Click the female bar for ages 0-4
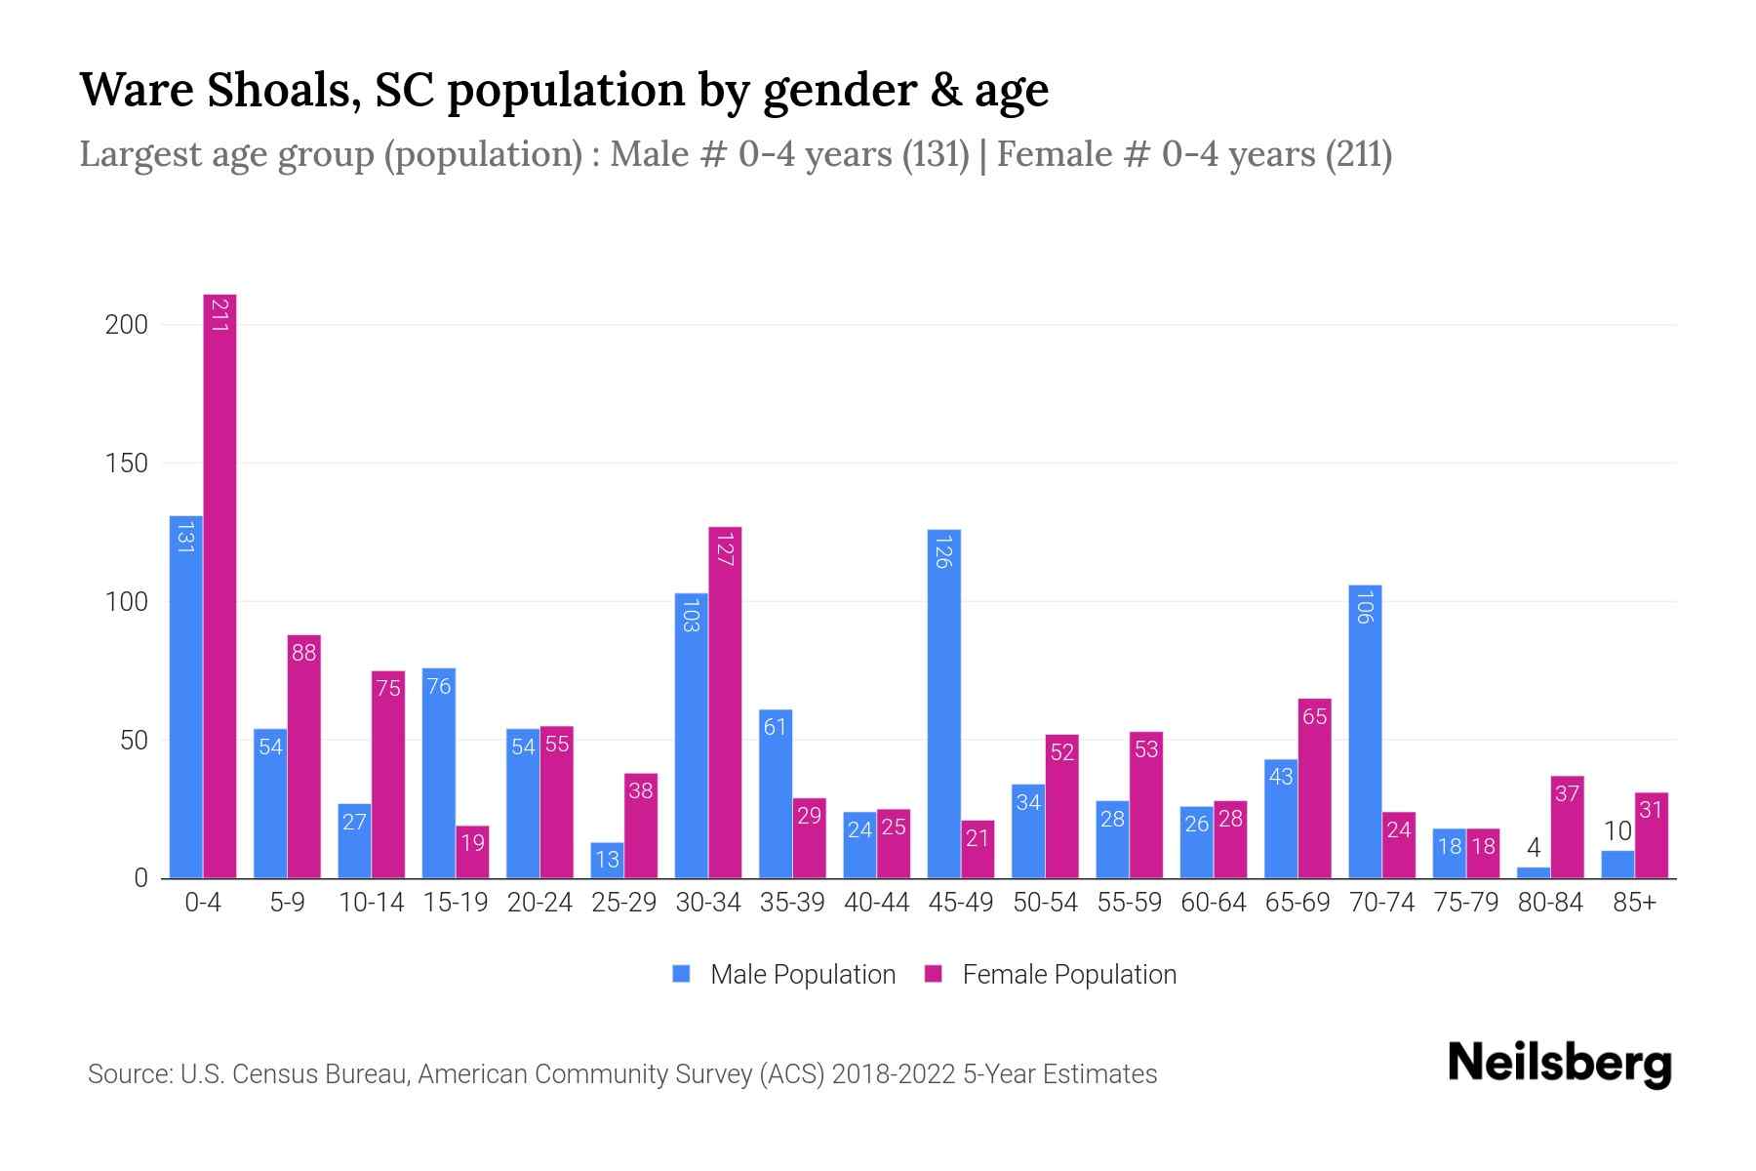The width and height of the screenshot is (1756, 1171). (x=219, y=585)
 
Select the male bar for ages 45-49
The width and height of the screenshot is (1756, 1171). (x=943, y=703)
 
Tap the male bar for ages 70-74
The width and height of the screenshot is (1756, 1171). (x=1365, y=732)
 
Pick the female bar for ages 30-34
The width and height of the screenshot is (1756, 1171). (x=725, y=703)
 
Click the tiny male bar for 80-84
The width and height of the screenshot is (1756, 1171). (x=1533, y=872)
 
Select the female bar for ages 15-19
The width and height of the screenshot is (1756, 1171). (x=472, y=852)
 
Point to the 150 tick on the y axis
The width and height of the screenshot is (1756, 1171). (x=126, y=464)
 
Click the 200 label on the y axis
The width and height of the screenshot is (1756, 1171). (x=126, y=325)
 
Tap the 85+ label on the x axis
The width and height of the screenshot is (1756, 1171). (x=1634, y=903)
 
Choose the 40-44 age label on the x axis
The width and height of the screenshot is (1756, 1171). (x=876, y=903)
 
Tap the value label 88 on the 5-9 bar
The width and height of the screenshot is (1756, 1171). (x=303, y=653)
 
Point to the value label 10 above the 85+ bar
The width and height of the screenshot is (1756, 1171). (x=1617, y=831)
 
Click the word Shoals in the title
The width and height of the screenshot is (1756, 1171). (x=276, y=90)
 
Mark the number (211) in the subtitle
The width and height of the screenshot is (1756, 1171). (x=1358, y=155)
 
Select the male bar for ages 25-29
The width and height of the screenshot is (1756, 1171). (x=607, y=860)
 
